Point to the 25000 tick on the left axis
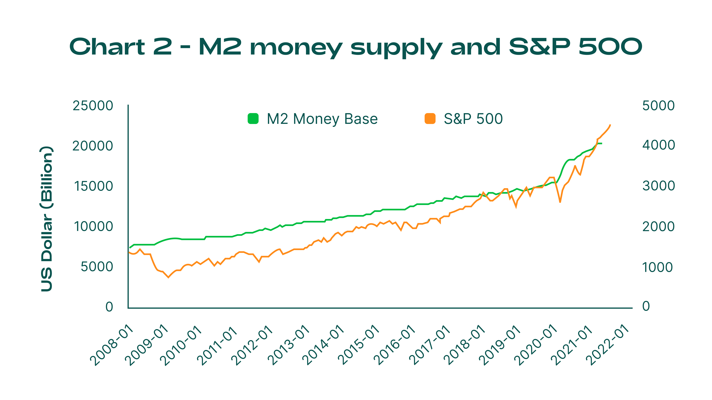pyautogui.click(x=93, y=106)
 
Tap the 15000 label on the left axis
pyautogui.click(x=93, y=186)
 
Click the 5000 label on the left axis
pyautogui.click(x=97, y=267)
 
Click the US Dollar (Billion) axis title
pyautogui.click(x=46, y=219)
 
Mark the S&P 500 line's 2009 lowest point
pyautogui.click(x=168, y=277)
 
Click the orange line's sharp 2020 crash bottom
pyautogui.click(x=560, y=202)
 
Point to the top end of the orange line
pyautogui.click(x=610, y=125)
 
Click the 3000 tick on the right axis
pyautogui.click(x=658, y=186)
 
